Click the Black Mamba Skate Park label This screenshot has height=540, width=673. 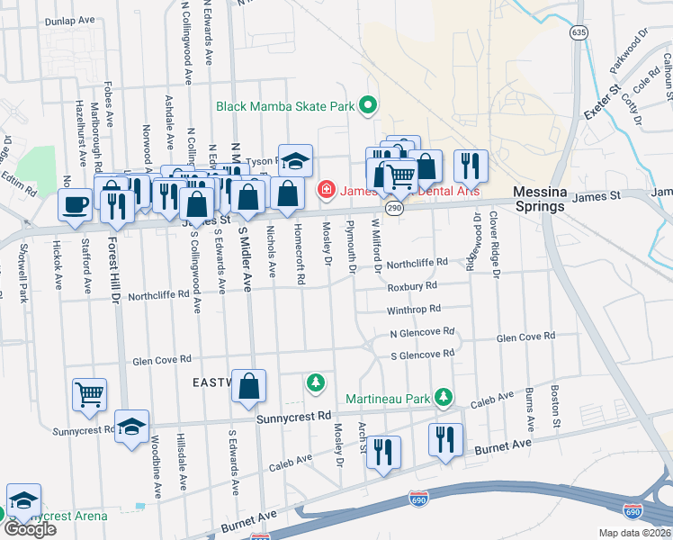tap(285, 106)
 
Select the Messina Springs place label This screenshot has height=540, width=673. tap(538, 199)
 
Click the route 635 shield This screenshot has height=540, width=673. tap(579, 32)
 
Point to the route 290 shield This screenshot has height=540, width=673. tap(393, 207)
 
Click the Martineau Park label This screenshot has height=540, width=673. tap(388, 397)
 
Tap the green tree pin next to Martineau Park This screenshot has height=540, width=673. tap(442, 397)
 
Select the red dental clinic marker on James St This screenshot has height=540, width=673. tap(326, 190)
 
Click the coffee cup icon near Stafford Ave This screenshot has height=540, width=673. tap(75, 203)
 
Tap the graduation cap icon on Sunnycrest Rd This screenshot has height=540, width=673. tap(131, 427)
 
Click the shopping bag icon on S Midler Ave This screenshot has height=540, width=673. tap(249, 384)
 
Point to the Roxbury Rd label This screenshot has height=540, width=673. tap(412, 286)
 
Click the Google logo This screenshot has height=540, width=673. tap(30, 528)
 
